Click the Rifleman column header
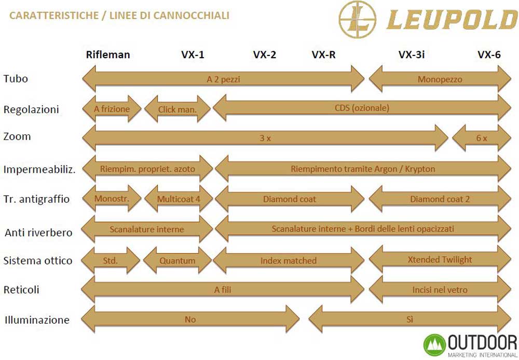click(108, 54)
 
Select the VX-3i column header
click(412, 54)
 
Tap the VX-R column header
click(323, 54)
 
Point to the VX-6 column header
click(489, 54)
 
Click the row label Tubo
click(16, 79)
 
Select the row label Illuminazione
click(37, 320)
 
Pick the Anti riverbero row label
click(38, 232)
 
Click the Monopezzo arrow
click(440, 79)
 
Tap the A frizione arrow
click(112, 109)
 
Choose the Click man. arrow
click(177, 109)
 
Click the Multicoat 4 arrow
click(179, 199)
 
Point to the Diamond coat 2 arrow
click(440, 199)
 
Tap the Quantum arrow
click(177, 260)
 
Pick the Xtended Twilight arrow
click(440, 260)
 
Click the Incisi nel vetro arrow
click(440, 290)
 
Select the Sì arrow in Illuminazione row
click(410, 320)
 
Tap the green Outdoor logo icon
click(434, 345)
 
